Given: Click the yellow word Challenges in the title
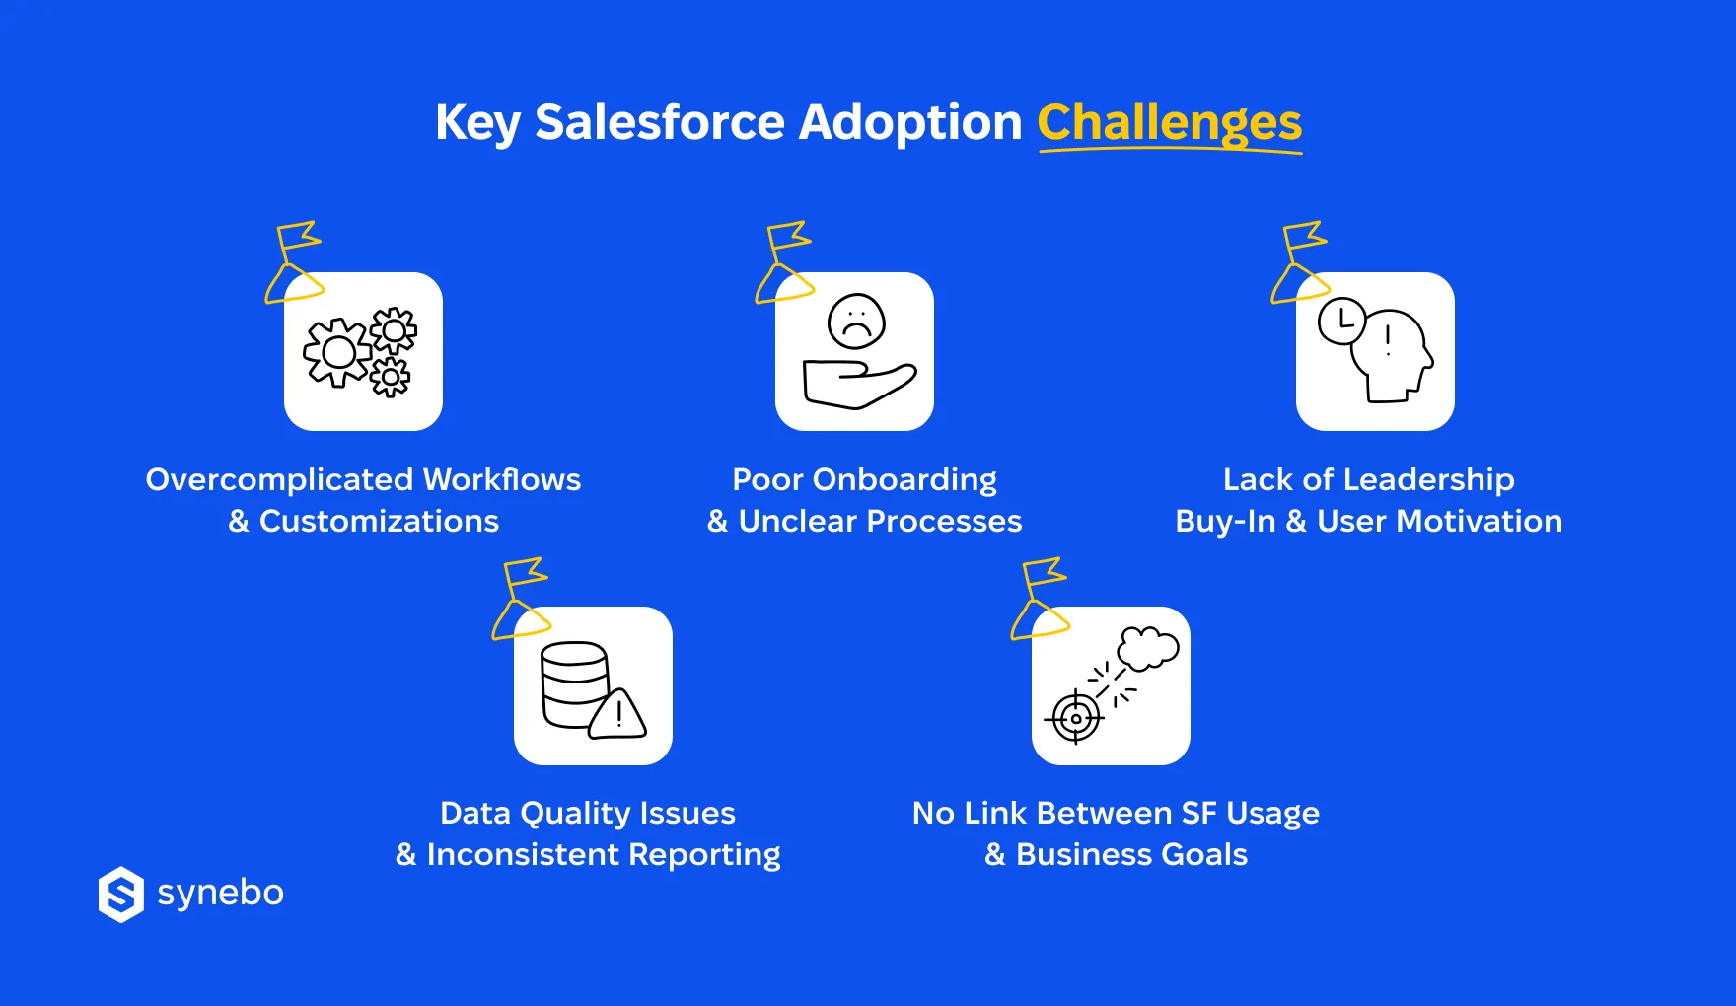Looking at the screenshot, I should pyautogui.click(x=1169, y=123).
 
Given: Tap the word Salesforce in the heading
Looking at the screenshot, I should pyautogui.click(x=659, y=122).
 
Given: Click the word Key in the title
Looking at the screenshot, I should pyautogui.click(x=476, y=124).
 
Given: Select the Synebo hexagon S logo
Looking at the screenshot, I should pyautogui.click(x=121, y=895).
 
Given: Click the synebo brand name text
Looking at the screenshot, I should pyautogui.click(x=220, y=893).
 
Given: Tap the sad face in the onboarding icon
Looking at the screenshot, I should pyautogui.click(x=856, y=322).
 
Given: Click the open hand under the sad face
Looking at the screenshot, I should pyautogui.click(x=856, y=385).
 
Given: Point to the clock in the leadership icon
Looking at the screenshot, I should pyautogui.click(x=1341, y=321).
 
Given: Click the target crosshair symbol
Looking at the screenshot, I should pyautogui.click(x=1076, y=718).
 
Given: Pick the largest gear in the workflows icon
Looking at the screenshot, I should pyautogui.click(x=337, y=352).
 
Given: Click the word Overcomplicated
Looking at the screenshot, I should pyautogui.click(x=279, y=480).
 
